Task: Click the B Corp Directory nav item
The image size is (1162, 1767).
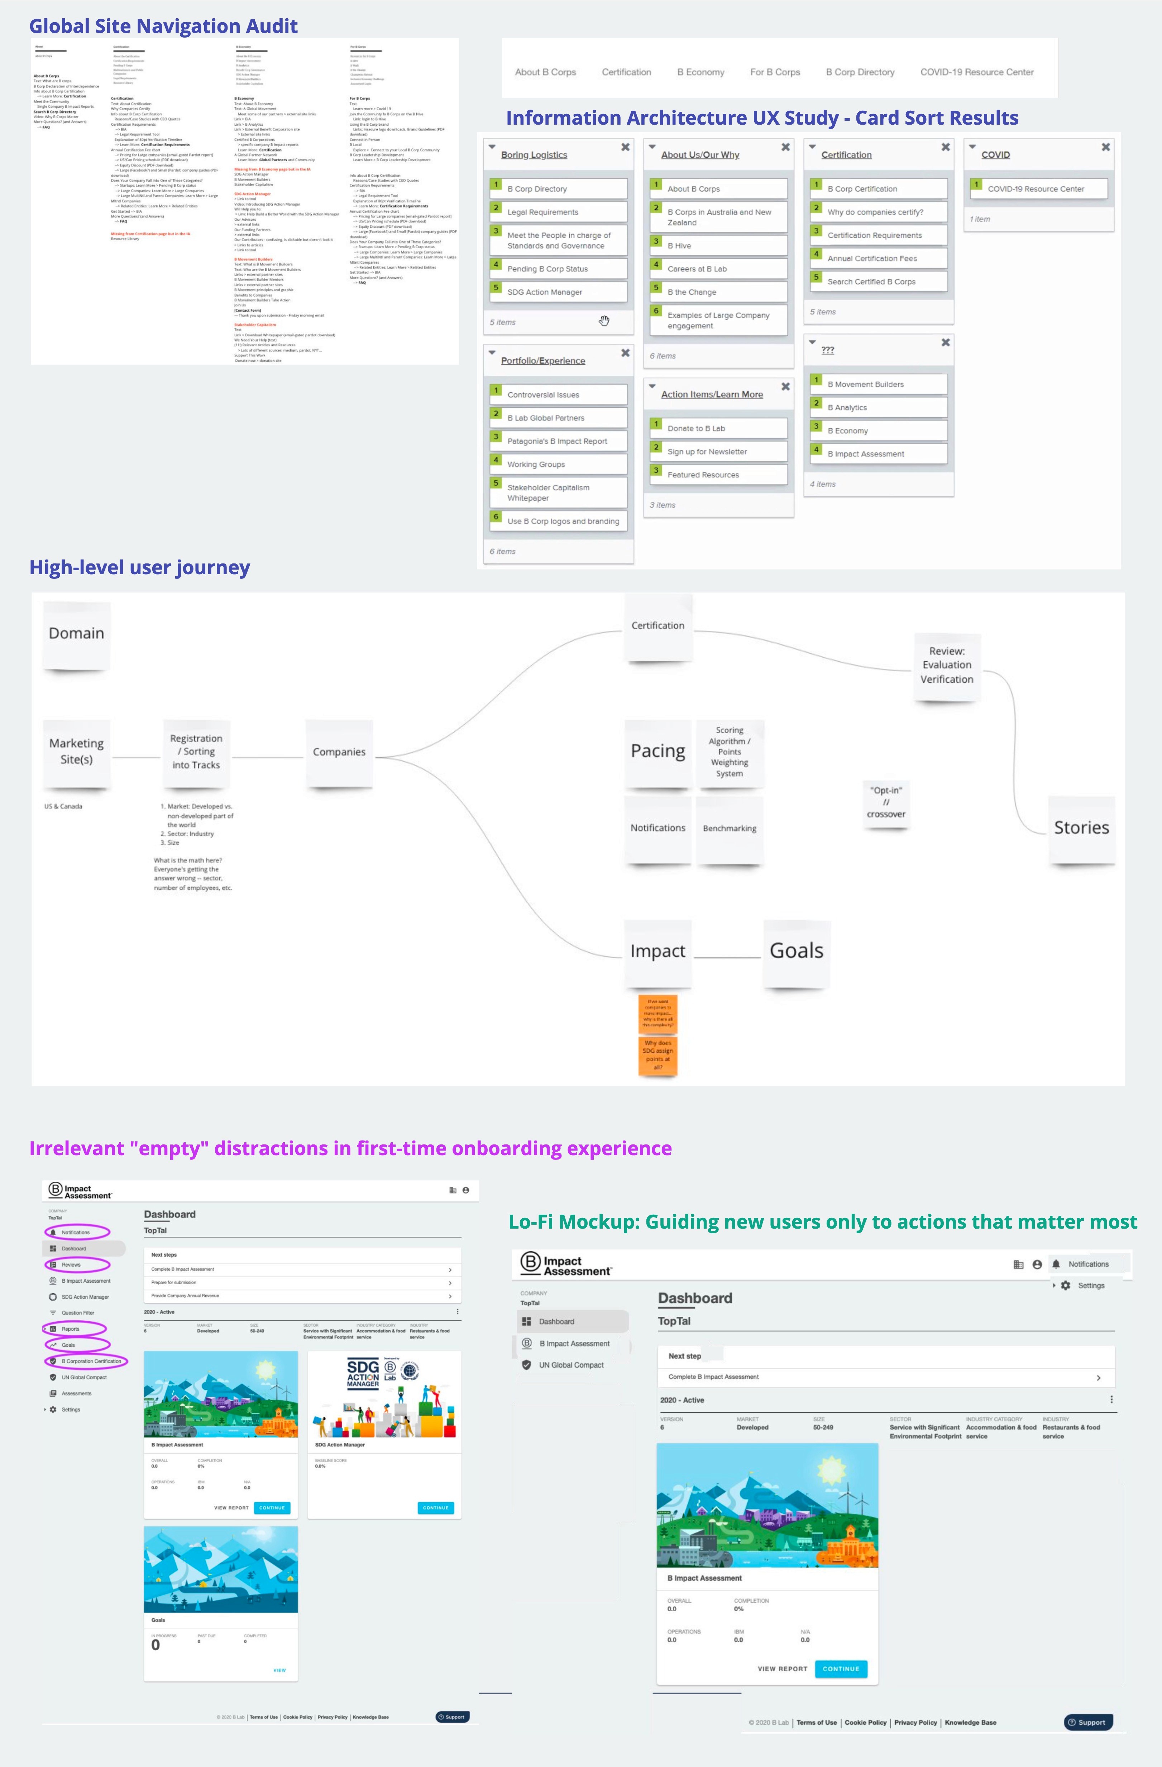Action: tap(860, 72)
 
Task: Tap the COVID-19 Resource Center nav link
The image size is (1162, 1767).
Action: tap(976, 72)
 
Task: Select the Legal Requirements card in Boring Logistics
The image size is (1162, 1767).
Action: tap(558, 212)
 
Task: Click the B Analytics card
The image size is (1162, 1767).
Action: tap(878, 408)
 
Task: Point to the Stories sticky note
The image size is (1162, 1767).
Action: tap(1081, 828)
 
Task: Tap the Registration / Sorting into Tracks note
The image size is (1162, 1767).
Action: tap(196, 752)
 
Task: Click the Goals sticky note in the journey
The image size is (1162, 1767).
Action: tap(796, 951)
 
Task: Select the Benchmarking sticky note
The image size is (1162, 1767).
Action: tap(729, 829)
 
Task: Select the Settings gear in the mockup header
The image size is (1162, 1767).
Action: tap(1066, 1285)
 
